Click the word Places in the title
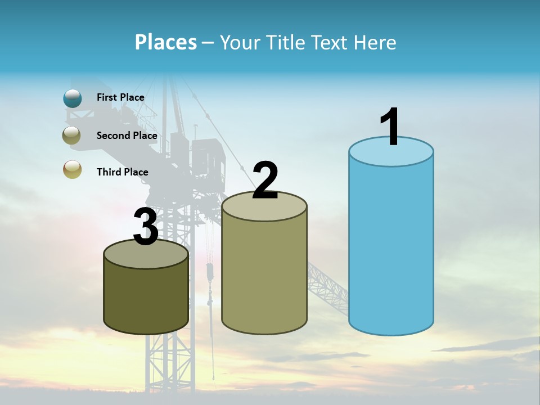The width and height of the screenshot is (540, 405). [x=165, y=42]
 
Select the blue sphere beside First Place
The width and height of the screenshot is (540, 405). [x=73, y=98]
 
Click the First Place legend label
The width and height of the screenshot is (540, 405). [x=120, y=97]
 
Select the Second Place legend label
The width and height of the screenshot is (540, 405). [x=127, y=135]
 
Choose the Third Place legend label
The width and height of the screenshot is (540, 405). [x=122, y=172]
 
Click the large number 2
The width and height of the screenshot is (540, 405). [x=265, y=181]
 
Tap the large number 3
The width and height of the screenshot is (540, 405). [x=146, y=227]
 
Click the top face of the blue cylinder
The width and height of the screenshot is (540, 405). [x=391, y=155]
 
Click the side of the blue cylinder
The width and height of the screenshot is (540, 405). [x=391, y=247]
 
